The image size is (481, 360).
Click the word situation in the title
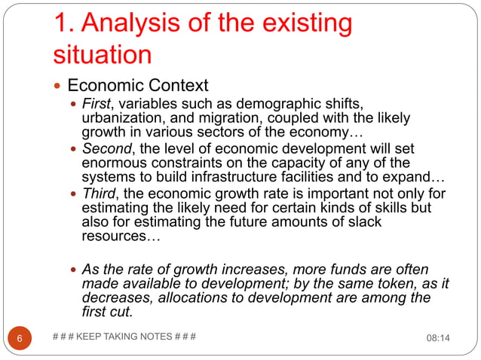pos(103,55)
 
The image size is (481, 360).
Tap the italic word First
pos(96,103)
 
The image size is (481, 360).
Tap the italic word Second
pos(105,149)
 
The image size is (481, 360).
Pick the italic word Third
pos(99,195)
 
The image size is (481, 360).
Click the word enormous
pos(115,164)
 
